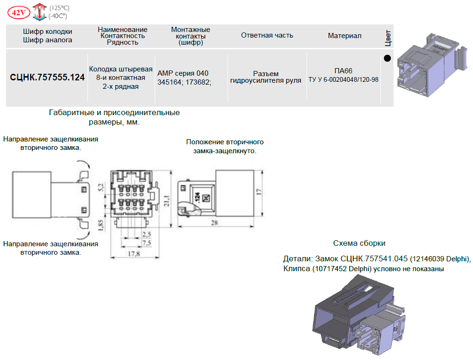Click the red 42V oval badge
(x=19, y=12)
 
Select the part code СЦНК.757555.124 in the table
(x=47, y=78)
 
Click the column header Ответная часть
(x=267, y=35)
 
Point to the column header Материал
(x=345, y=36)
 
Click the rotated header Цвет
(x=388, y=37)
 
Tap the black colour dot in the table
(x=387, y=59)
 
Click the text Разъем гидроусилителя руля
(x=266, y=77)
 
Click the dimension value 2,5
(x=146, y=234)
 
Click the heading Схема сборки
(x=359, y=243)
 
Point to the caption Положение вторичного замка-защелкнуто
(x=225, y=146)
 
